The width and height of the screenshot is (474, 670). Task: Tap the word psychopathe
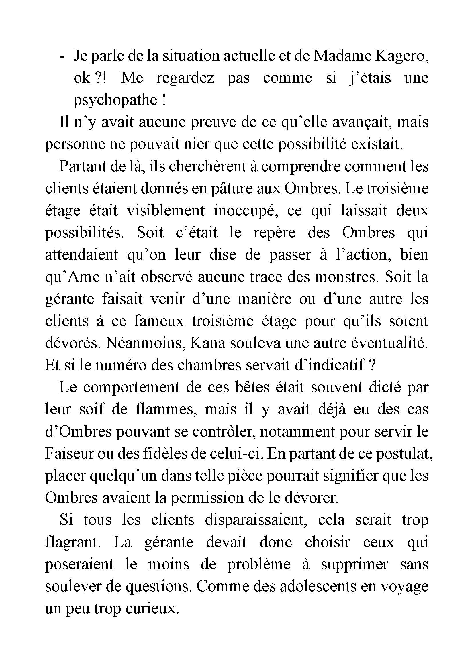tap(115, 100)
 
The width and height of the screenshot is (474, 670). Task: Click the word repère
tap(274, 233)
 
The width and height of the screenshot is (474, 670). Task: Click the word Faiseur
tap(68, 454)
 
